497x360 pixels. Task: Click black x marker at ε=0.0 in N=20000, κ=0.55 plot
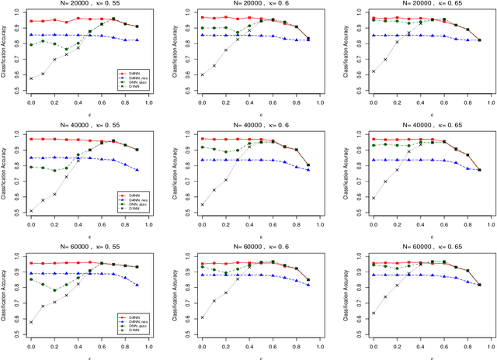click(31, 78)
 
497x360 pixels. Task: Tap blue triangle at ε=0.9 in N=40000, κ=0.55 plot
click(137, 170)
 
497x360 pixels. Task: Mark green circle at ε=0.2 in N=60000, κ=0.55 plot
click(54, 291)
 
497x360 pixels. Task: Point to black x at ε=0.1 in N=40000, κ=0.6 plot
click(214, 189)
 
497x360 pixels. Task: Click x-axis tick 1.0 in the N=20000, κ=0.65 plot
click(491, 102)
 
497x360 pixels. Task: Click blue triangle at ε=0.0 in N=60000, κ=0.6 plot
click(202, 275)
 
